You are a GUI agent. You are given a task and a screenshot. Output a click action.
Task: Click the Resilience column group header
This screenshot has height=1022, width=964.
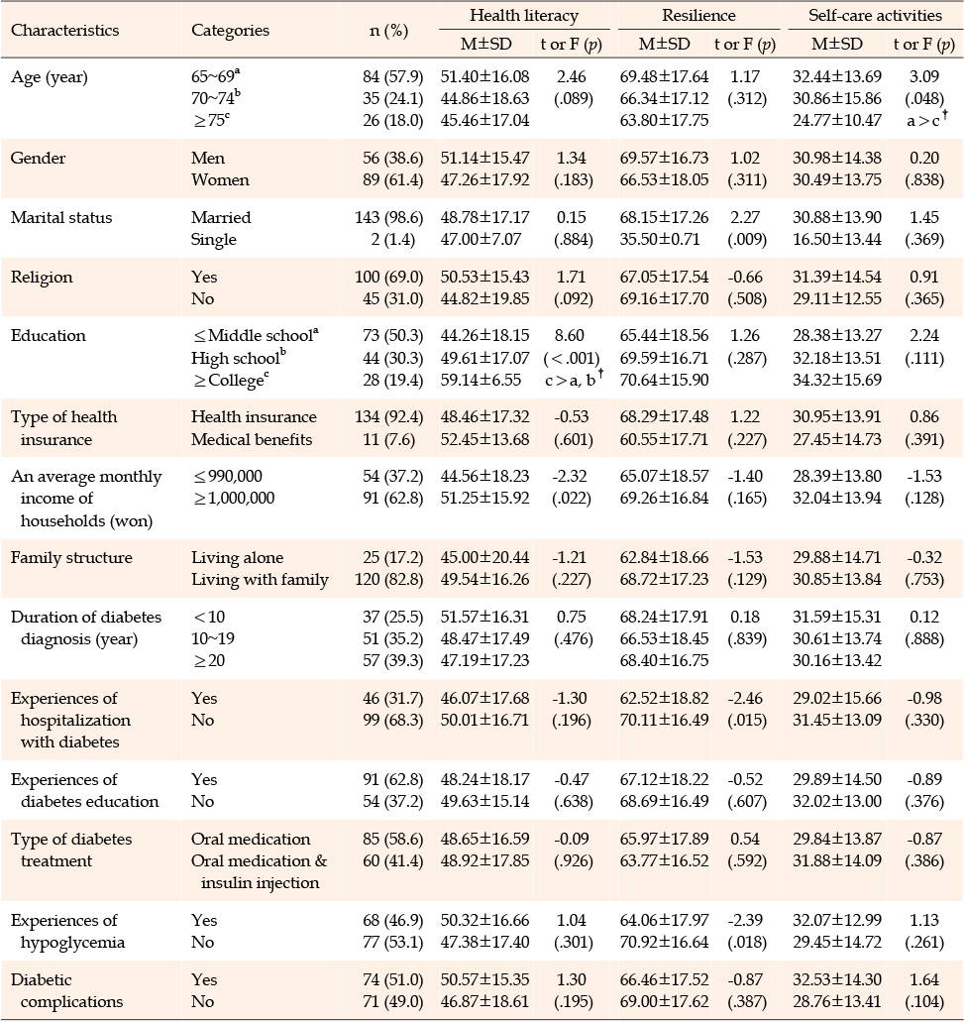point(698,15)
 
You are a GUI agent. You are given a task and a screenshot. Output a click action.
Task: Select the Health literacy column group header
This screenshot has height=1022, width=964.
point(524,15)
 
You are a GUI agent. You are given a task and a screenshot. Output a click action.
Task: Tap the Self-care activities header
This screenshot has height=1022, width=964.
point(876,15)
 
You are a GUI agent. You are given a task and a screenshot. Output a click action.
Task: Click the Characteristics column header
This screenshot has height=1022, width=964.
point(65,30)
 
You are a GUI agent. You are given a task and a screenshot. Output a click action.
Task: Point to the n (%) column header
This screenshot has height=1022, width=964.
point(388,31)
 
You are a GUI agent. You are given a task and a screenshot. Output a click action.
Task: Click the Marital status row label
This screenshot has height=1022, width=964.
point(61,217)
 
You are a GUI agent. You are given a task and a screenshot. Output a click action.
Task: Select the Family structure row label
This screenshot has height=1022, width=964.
point(71,557)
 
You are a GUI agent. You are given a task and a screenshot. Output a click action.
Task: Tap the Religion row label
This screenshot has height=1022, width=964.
point(42,277)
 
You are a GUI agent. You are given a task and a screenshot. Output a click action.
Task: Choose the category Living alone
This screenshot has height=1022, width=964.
point(237,557)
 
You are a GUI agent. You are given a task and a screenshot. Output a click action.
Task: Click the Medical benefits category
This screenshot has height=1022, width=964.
point(252,439)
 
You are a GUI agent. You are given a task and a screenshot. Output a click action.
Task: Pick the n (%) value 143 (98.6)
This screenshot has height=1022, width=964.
point(388,217)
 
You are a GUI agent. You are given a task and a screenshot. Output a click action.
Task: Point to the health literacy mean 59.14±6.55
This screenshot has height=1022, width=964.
point(481,380)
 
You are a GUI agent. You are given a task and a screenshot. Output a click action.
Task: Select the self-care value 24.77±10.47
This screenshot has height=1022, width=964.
point(837,120)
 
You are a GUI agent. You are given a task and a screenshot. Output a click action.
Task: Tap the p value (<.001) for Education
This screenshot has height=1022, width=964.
point(572,358)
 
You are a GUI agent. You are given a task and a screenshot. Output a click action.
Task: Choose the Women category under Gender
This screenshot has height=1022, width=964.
point(220,179)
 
